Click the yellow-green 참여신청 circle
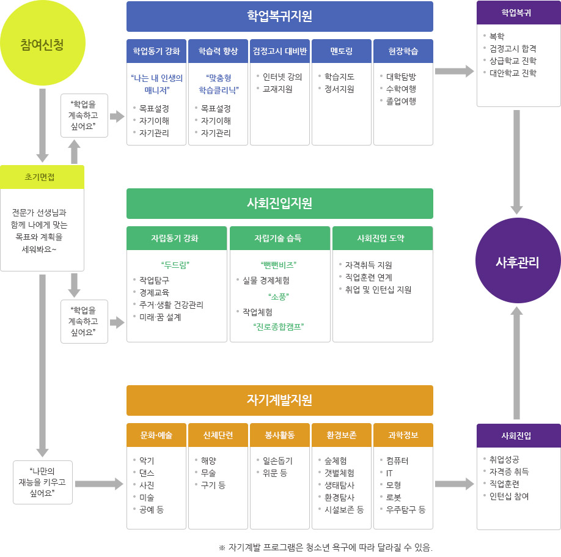(42, 44)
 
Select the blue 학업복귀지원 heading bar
(279, 17)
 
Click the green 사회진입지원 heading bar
(279, 204)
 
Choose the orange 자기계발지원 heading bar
(279, 400)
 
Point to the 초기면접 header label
(42, 177)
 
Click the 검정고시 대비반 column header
(279, 51)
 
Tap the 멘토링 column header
(341, 51)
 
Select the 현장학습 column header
(403, 51)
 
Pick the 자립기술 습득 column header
(279, 238)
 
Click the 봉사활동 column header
(279, 435)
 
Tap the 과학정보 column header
(403, 435)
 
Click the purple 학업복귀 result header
(518, 13)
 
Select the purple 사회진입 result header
(518, 436)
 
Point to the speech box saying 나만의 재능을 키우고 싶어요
(42, 482)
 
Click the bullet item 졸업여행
(401, 101)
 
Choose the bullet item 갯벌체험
(340, 473)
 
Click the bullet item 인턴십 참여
(509, 496)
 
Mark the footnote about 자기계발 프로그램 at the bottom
(325, 548)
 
